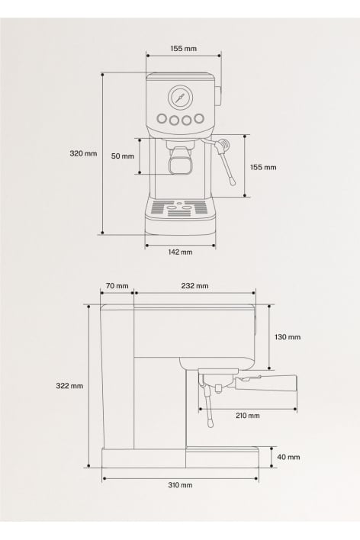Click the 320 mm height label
(83, 153)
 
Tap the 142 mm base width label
(180, 252)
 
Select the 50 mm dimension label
(123, 156)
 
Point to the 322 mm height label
(69, 386)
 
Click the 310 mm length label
(180, 485)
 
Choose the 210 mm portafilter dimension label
(248, 416)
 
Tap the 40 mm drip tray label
(289, 457)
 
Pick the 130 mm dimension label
(288, 337)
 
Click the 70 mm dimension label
(117, 286)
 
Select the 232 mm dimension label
(195, 286)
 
